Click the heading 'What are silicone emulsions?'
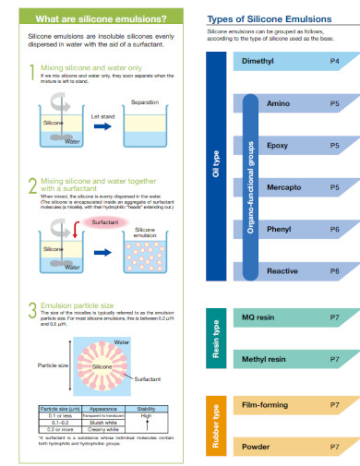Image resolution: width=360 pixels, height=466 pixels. click(x=88, y=18)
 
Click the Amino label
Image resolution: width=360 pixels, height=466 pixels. click(x=278, y=103)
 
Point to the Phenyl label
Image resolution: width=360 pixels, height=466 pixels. click(x=279, y=229)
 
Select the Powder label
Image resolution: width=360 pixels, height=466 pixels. click(x=255, y=446)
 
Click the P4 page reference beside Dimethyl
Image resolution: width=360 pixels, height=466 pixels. click(x=333, y=60)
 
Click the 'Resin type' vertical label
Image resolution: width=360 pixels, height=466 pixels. click(x=217, y=337)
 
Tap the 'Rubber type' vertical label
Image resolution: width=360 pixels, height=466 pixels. click(x=217, y=425)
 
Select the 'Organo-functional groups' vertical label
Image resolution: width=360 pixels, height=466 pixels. click(x=251, y=186)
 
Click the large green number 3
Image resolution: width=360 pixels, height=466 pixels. click(x=32, y=309)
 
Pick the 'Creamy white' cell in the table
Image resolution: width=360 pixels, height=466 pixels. click(x=102, y=429)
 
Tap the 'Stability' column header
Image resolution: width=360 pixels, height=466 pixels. click(x=146, y=407)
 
